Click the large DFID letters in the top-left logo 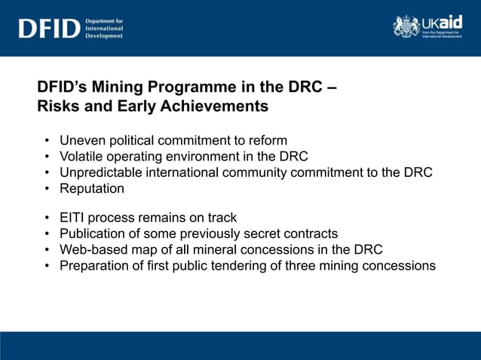[x=49, y=29]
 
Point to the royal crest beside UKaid [x=406, y=26]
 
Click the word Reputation [x=92, y=189]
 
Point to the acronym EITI [x=73, y=218]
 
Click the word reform [x=268, y=140]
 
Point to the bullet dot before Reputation [x=47, y=189]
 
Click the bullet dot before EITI [x=47, y=218]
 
